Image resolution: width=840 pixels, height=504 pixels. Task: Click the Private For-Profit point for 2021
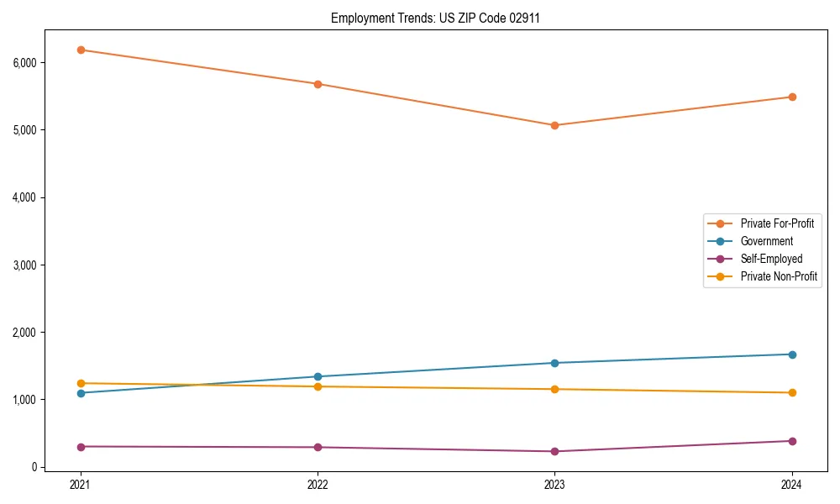coord(81,50)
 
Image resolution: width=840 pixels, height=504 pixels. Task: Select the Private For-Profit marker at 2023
coord(554,125)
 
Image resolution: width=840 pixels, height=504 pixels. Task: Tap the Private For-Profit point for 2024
coord(791,97)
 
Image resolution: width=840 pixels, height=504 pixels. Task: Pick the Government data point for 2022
coord(318,376)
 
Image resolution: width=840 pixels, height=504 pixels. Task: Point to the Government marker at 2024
coord(791,354)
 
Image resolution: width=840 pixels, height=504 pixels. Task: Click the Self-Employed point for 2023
coord(554,451)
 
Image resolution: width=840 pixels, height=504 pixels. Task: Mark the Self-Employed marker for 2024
coord(791,441)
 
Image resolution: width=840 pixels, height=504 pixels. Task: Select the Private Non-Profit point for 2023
coord(554,389)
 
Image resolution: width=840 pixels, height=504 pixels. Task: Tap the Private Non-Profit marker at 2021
coord(81,383)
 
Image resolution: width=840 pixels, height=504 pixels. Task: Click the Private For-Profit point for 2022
coord(318,84)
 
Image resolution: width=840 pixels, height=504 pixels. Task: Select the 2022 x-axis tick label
coord(318,485)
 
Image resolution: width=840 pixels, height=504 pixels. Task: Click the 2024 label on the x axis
coord(791,485)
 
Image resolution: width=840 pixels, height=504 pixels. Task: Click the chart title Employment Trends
coord(435,18)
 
